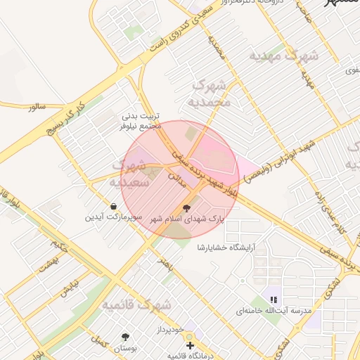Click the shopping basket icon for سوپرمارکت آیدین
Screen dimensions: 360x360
114,206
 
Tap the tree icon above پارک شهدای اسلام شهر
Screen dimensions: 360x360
186,208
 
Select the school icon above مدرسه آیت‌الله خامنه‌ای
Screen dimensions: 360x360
274,299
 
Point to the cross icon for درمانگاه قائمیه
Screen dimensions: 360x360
190,345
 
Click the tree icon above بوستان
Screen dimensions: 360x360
126,337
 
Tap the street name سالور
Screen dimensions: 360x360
37,107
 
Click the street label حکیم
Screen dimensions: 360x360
59,246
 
